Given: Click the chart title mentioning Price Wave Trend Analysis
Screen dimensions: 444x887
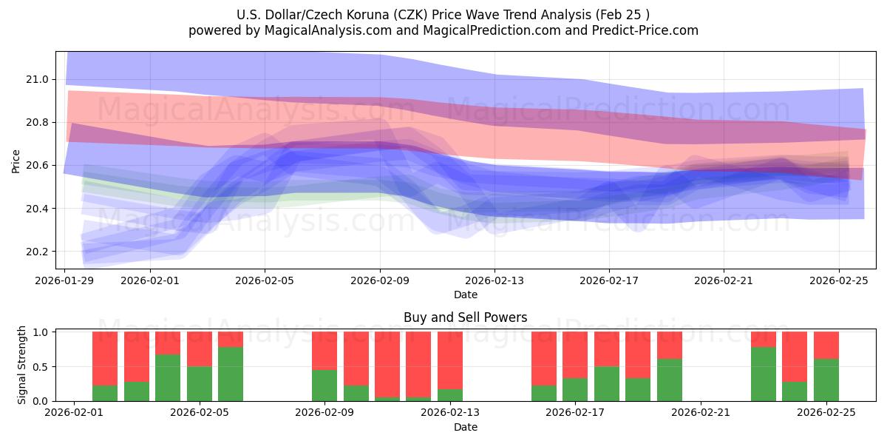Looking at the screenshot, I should (x=443, y=14).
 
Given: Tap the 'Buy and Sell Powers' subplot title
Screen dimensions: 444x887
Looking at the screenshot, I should (x=465, y=317).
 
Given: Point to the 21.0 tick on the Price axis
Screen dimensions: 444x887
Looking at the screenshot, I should (x=38, y=79).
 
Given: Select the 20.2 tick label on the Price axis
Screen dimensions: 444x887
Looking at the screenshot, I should (x=38, y=252).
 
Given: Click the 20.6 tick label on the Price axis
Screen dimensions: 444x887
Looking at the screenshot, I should (x=38, y=166).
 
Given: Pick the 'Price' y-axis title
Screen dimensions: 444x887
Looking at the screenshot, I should (x=16, y=161).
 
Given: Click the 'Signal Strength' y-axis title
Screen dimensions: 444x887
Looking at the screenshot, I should (x=22, y=364).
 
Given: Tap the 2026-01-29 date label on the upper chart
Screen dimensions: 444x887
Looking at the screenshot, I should (x=65, y=281).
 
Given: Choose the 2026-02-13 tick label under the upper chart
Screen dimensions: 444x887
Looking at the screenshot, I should (x=495, y=281).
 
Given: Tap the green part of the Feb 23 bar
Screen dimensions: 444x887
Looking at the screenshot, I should (x=764, y=374).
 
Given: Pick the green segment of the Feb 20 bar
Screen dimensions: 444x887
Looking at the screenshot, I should (x=670, y=380).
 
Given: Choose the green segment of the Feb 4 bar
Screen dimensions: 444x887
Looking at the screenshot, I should (x=168, y=377).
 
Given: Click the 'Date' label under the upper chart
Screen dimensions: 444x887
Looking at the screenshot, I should (x=465, y=295).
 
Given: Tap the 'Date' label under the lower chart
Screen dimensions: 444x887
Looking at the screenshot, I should (x=465, y=427).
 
